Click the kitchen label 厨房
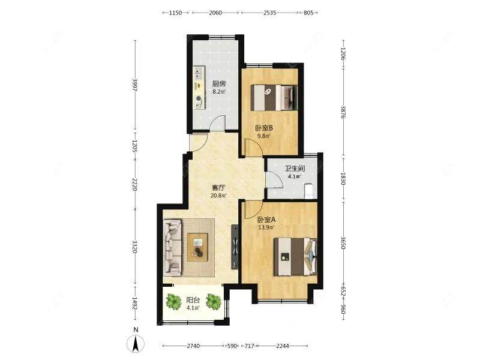pyautogui.click(x=218, y=83)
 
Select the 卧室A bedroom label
pyautogui.click(x=266, y=220)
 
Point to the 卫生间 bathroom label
pyautogui.click(x=295, y=169)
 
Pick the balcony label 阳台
pyautogui.click(x=193, y=300)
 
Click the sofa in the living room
pyautogui.click(x=172, y=247)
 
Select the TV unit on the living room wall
pyautogui.click(x=235, y=247)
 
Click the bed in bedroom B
pyautogui.click(x=274, y=98)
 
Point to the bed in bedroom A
pyautogui.click(x=295, y=257)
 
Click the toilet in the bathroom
pyautogui.click(x=308, y=191)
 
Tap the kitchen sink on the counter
pyautogui.click(x=199, y=73)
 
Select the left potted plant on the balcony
pyautogui.click(x=173, y=301)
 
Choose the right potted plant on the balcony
pyautogui.click(x=214, y=301)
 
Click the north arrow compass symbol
pyautogui.click(x=136, y=343)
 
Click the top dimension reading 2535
pyautogui.click(x=269, y=13)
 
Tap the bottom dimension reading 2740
pyautogui.click(x=193, y=346)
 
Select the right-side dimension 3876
pyautogui.click(x=343, y=112)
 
